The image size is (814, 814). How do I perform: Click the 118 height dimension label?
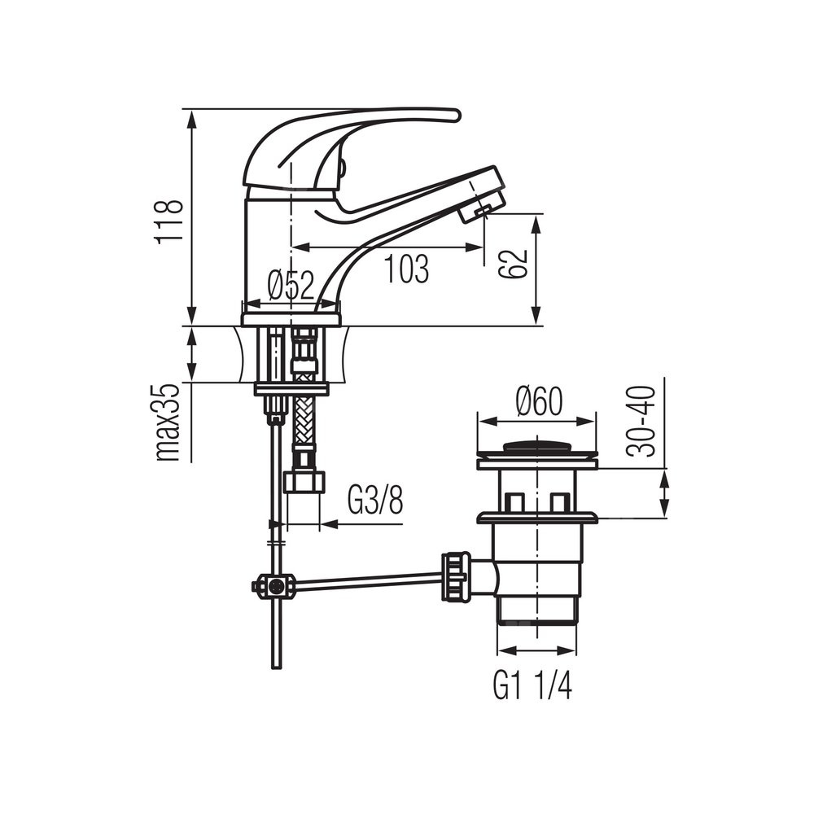pyautogui.click(x=168, y=221)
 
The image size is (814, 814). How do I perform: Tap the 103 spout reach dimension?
pyautogui.click(x=406, y=269)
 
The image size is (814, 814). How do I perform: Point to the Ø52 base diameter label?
pyautogui.click(x=291, y=285)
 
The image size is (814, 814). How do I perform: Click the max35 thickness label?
pyautogui.click(x=168, y=422)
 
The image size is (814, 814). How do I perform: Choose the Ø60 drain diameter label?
pyautogui.click(x=539, y=401)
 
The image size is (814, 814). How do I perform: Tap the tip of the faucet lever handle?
pyautogui.click(x=457, y=115)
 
